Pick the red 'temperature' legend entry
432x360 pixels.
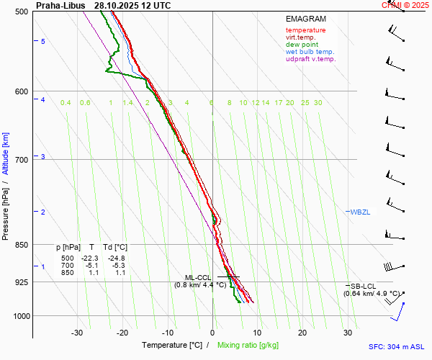(305, 30)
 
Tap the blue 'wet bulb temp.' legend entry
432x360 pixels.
(310, 52)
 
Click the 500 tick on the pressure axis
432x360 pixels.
(20, 12)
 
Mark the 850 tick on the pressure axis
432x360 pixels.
(20, 245)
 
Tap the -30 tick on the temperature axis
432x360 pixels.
(78, 333)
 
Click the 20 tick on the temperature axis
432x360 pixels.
(302, 333)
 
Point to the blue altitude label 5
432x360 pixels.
(43, 42)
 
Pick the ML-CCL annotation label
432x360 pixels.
(198, 277)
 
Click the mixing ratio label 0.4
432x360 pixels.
(66, 103)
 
